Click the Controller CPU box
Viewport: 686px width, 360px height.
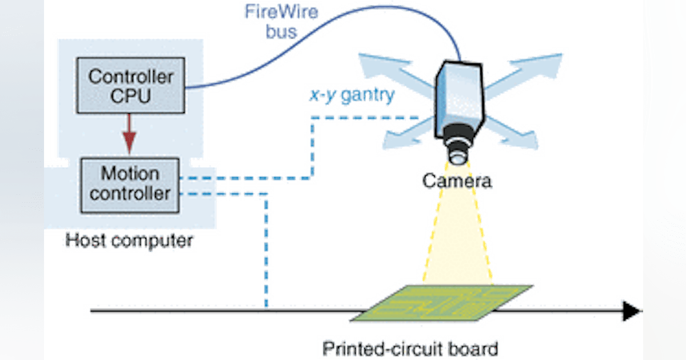[130, 86]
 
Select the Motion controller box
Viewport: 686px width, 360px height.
[130, 182]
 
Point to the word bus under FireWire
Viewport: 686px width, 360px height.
[281, 31]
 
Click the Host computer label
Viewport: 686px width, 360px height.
[128, 241]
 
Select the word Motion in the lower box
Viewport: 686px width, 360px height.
[130, 173]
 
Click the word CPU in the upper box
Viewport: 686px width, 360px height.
[130, 96]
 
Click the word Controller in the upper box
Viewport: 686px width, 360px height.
[130, 76]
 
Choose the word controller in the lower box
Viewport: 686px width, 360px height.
[130, 193]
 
